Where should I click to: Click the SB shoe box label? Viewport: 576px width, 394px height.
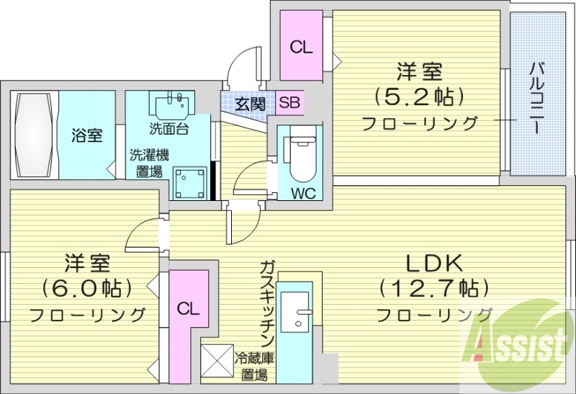tap(289, 103)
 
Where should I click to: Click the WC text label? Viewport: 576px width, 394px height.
tap(302, 192)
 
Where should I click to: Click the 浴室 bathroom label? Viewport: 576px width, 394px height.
tap(86, 135)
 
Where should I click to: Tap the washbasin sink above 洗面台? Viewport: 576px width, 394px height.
tap(171, 104)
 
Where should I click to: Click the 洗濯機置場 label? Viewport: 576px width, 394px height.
tap(148, 163)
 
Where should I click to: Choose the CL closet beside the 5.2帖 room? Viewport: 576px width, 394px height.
tap(301, 48)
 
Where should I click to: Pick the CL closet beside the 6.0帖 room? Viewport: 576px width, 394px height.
tap(188, 310)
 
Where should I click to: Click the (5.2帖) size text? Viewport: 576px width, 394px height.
tap(418, 96)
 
